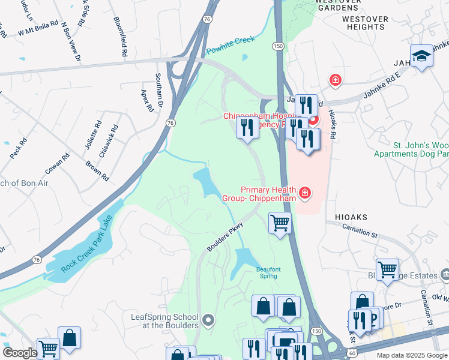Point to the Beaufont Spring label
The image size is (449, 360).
pyautogui.click(x=268, y=272)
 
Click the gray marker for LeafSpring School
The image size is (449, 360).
pyautogui.click(x=208, y=320)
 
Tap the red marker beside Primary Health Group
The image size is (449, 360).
pyautogui.click(x=305, y=193)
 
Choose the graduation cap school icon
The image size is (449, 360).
pyautogui.click(x=422, y=56)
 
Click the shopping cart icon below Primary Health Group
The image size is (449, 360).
pyautogui.click(x=280, y=223)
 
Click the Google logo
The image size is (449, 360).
pyautogui.click(x=19, y=353)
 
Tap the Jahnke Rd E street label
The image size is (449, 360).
pyautogui.click(x=383, y=88)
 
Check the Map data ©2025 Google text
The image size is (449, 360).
pyautogui.click(x=411, y=355)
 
